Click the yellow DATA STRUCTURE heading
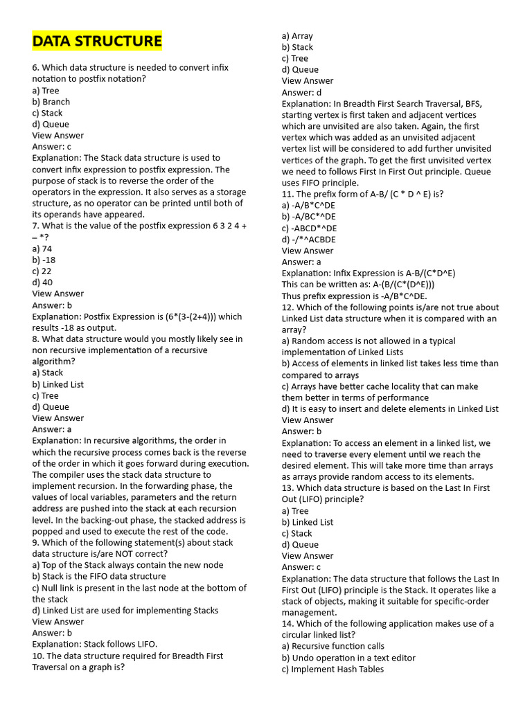click(x=97, y=42)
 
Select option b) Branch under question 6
click(x=51, y=102)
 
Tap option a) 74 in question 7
click(x=42, y=249)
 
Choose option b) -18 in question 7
click(x=44, y=260)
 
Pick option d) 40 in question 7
click(x=42, y=282)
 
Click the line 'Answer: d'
click(x=301, y=92)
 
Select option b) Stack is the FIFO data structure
click(x=99, y=576)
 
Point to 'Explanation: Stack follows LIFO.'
click(x=95, y=644)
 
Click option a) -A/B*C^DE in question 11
click(x=310, y=206)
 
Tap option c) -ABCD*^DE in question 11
click(x=310, y=228)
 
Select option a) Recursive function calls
click(x=333, y=646)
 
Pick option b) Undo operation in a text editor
click(x=348, y=658)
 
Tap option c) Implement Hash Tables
click(x=332, y=669)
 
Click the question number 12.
click(x=287, y=307)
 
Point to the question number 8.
click(x=36, y=339)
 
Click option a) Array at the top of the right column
click(x=297, y=36)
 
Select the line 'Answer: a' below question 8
click(x=52, y=429)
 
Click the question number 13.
click(x=287, y=488)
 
